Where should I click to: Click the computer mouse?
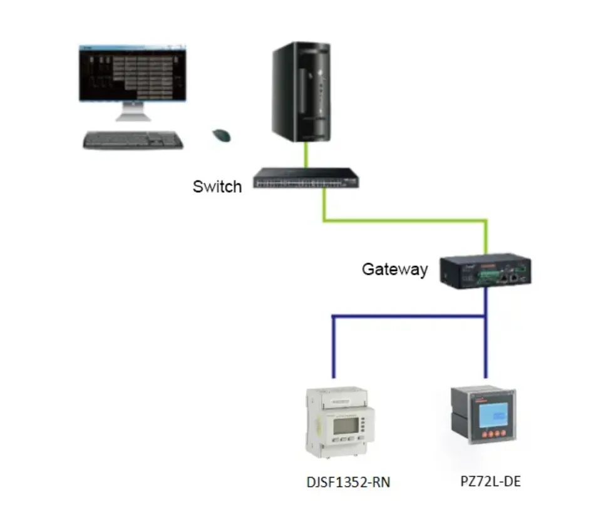pyautogui.click(x=221, y=135)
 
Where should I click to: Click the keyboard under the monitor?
pyautogui.click(x=133, y=140)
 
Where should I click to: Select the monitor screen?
pyautogui.click(x=133, y=73)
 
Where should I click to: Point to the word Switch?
pyautogui.click(x=217, y=187)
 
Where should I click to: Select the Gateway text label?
pyautogui.click(x=394, y=269)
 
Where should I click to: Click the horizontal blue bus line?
pyautogui.click(x=407, y=318)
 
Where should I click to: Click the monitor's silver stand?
pyautogui.click(x=133, y=113)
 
